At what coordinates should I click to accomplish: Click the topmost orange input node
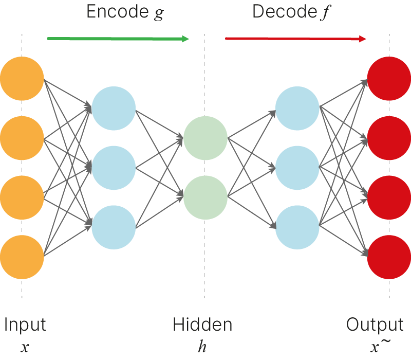coord(22,79)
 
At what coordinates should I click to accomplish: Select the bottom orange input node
coord(22,257)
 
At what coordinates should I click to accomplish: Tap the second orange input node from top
coord(22,138)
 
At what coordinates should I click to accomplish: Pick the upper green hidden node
coord(205,138)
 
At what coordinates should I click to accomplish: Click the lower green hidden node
coord(205,197)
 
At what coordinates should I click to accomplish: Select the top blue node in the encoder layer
coord(114,109)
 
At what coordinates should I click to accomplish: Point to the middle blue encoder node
coord(114,168)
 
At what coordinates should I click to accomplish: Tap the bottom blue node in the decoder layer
coord(297,227)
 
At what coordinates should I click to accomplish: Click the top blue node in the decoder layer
coord(297,109)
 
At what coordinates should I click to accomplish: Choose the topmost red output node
coord(389,79)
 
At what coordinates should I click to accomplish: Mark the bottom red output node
coord(389,257)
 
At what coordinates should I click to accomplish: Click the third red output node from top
coord(389,197)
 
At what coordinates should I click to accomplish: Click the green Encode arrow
coord(118,39)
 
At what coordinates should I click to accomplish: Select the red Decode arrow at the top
coord(295,39)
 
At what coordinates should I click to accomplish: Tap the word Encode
coord(118,11)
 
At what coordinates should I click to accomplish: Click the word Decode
coord(285,11)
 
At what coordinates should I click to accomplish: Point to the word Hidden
coord(202,325)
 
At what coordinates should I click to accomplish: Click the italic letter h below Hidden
coord(202,346)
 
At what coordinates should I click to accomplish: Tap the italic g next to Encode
coord(159,14)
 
